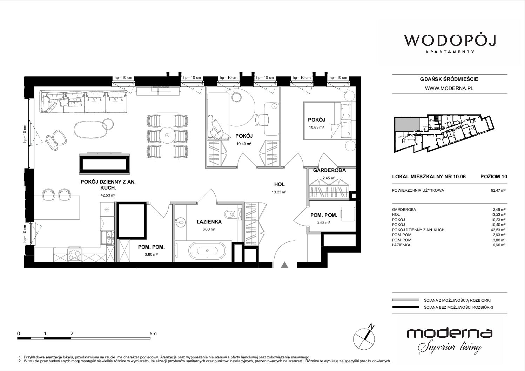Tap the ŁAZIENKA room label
[x=209, y=222]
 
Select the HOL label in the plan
[x=279, y=184]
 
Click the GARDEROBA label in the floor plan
[x=329, y=170]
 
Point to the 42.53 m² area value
[x=108, y=195]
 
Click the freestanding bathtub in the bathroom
[x=207, y=251]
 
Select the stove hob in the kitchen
[x=75, y=255]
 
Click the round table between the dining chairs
[x=167, y=135]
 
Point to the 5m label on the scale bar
[x=153, y=334]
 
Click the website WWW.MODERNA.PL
[x=449, y=88]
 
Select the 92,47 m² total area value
[x=498, y=190]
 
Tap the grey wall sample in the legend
[x=405, y=300]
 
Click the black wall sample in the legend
[x=405, y=307]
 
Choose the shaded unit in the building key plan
[x=407, y=124]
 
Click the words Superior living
[x=450, y=348]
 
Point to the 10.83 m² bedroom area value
[x=316, y=127]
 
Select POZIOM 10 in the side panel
[x=493, y=177]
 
